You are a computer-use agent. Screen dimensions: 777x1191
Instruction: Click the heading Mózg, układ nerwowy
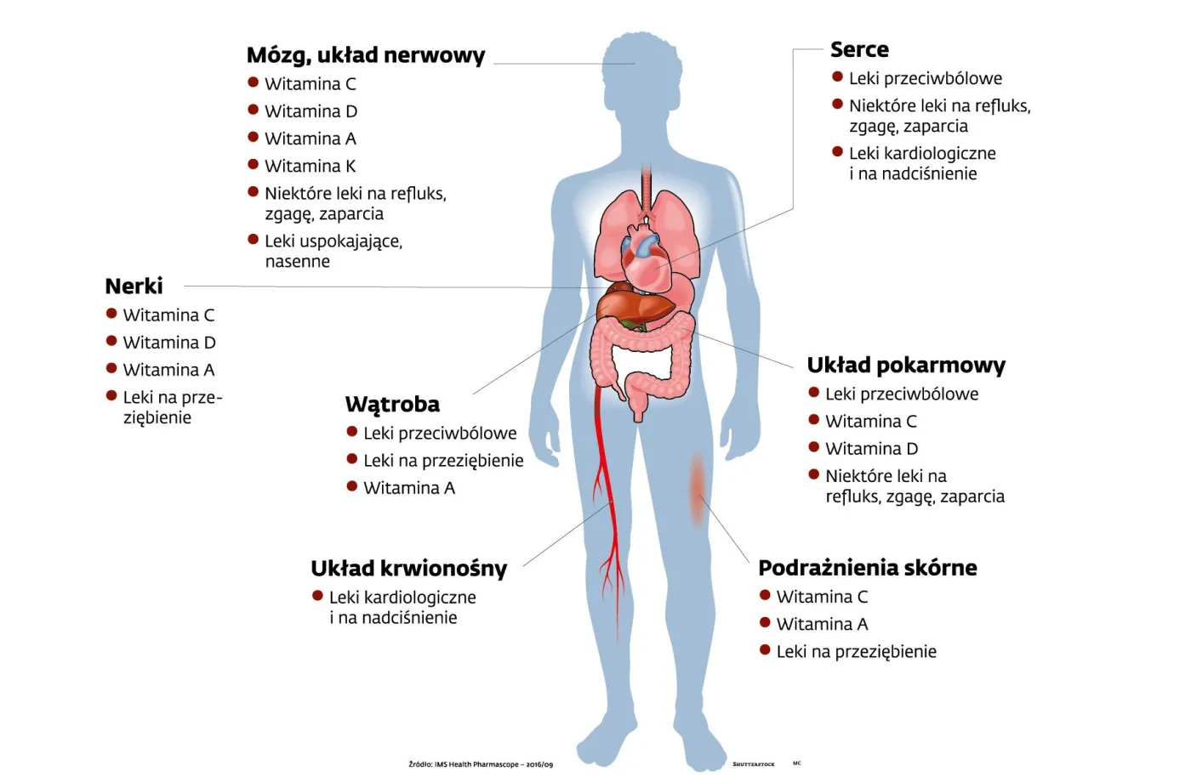[365, 56]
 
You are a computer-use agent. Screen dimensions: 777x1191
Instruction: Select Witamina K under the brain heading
[310, 167]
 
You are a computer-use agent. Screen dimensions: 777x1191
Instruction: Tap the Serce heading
[859, 50]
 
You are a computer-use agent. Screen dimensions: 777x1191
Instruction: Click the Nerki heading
[134, 286]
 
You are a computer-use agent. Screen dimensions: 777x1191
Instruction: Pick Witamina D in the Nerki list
[169, 343]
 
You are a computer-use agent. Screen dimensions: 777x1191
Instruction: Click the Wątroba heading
[392, 405]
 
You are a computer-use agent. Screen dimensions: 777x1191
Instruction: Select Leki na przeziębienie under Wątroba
[443, 461]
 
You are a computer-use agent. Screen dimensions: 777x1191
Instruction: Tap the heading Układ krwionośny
[408, 569]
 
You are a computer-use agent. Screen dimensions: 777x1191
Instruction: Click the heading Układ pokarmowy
[905, 366]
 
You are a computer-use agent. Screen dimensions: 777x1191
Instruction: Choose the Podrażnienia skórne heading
[867, 568]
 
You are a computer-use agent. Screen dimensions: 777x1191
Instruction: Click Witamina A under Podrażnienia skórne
[822, 625]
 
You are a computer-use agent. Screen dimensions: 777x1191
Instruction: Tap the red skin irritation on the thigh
[698, 489]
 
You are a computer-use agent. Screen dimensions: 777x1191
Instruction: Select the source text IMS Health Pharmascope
[481, 764]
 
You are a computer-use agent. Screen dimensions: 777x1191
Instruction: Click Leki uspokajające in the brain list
[333, 241]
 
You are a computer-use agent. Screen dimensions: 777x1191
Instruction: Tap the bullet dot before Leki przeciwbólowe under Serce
[837, 77]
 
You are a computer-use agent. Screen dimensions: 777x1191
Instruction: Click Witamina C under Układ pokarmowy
[870, 422]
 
